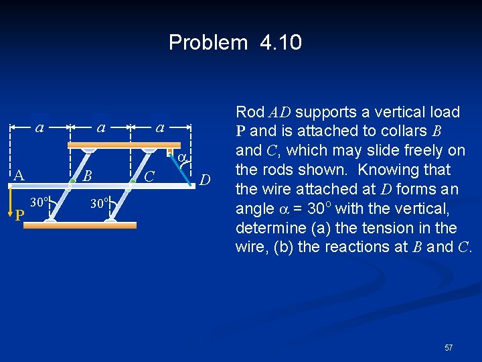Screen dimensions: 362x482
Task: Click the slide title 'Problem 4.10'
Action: [235, 42]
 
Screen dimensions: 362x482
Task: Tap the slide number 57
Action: [449, 347]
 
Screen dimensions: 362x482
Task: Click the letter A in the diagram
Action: [19, 176]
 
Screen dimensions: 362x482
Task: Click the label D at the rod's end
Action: [206, 180]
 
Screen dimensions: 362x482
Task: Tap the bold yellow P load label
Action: [20, 215]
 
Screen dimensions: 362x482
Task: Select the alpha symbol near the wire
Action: [180, 158]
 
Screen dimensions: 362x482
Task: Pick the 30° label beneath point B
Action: [98, 201]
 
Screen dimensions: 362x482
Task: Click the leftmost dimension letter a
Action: [39, 126]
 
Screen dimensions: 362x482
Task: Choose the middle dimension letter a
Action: [100, 126]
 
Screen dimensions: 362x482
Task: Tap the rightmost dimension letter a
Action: [160, 126]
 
